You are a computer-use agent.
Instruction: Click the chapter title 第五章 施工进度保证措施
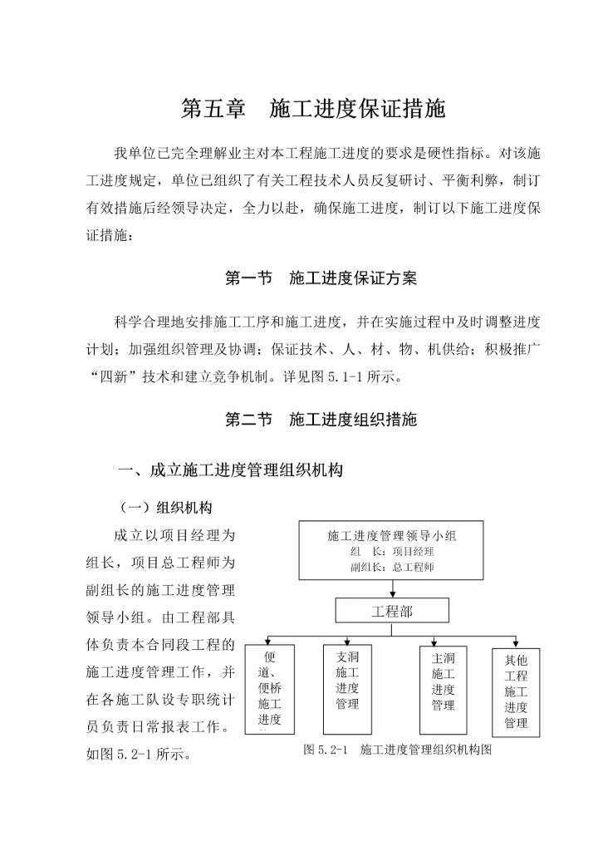point(314,109)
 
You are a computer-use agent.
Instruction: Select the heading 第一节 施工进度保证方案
point(321,278)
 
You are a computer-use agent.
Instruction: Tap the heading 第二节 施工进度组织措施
point(321,419)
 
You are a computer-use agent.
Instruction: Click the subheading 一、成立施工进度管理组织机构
point(230,470)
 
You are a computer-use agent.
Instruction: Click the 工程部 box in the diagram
point(391,612)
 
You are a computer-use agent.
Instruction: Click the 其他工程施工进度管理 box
point(516,691)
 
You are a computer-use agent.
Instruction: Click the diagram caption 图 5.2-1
point(399,750)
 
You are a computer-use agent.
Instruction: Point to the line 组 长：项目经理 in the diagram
point(392,551)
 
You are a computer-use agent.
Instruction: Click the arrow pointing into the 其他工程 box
point(516,642)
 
